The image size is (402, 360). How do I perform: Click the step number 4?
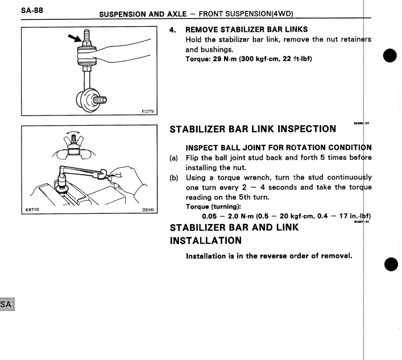click(x=174, y=28)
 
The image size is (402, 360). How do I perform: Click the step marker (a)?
click(x=175, y=158)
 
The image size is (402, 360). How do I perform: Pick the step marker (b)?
click(x=175, y=177)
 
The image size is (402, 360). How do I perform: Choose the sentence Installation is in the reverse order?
click(x=270, y=255)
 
